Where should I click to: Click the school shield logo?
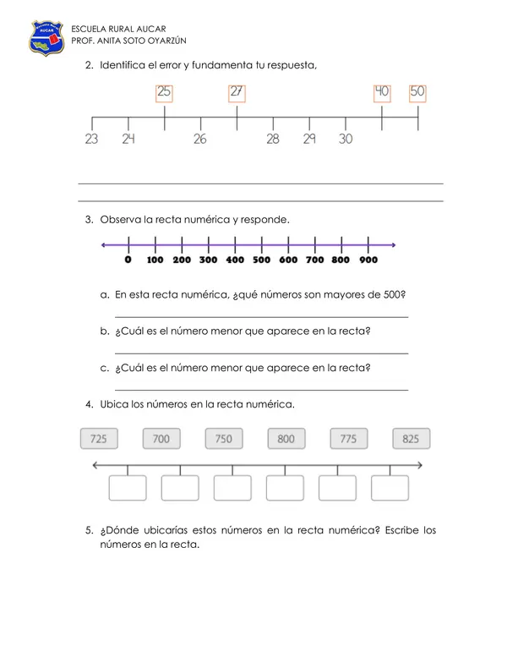[46, 38]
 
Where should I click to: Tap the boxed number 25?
[164, 93]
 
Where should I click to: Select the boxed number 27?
[237, 93]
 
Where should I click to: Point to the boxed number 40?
[382, 93]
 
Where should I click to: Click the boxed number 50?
[417, 93]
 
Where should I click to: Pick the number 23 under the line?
[91, 139]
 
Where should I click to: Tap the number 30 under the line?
[346, 139]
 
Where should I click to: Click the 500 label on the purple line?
[262, 260]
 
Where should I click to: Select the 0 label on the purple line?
[128, 260]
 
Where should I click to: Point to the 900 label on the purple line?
[368, 260]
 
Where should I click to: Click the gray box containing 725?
[99, 439]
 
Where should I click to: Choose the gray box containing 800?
[286, 439]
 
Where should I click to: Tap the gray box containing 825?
[412, 439]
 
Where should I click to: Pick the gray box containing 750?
[224, 439]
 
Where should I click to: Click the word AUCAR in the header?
[151, 29]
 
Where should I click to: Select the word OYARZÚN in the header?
[167, 41]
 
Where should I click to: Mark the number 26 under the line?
[200, 139]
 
